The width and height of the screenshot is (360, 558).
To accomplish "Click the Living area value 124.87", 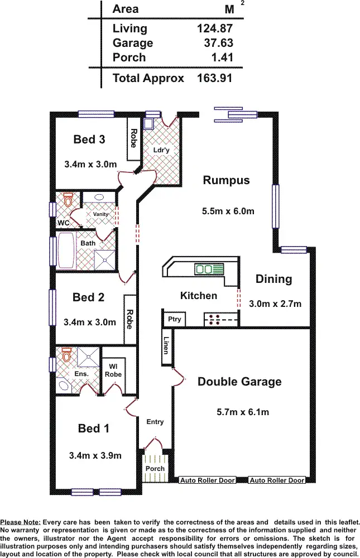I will pyautogui.click(x=215, y=28).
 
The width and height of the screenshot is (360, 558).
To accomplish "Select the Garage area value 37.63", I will pyautogui.click(x=218, y=43).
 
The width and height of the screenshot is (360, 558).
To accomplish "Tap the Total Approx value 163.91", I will pyautogui.click(x=215, y=78).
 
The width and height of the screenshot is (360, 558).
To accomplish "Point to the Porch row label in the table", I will pyautogui.click(x=129, y=57).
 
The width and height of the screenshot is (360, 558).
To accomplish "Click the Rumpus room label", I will pyautogui.click(x=226, y=180).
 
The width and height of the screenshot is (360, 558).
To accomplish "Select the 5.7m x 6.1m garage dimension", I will pyautogui.click(x=242, y=412).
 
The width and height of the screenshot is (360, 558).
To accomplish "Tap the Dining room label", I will pyautogui.click(x=273, y=279).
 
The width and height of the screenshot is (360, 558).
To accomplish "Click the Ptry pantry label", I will pyautogui.click(x=174, y=319).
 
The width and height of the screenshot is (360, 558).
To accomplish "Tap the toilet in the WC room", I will pyautogui.click(x=68, y=200).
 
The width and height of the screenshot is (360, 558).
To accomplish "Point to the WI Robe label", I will pyautogui.click(x=113, y=371).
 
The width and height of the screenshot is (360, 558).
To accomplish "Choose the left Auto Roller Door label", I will pyautogui.click(x=207, y=480).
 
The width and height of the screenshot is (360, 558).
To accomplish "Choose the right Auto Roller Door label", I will pyautogui.click(x=277, y=480).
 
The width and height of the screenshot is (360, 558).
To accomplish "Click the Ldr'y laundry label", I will pyautogui.click(x=161, y=150).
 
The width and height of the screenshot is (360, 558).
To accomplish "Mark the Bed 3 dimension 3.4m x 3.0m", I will pyautogui.click(x=90, y=164).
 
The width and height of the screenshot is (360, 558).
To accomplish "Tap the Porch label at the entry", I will pyautogui.click(x=155, y=468).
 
